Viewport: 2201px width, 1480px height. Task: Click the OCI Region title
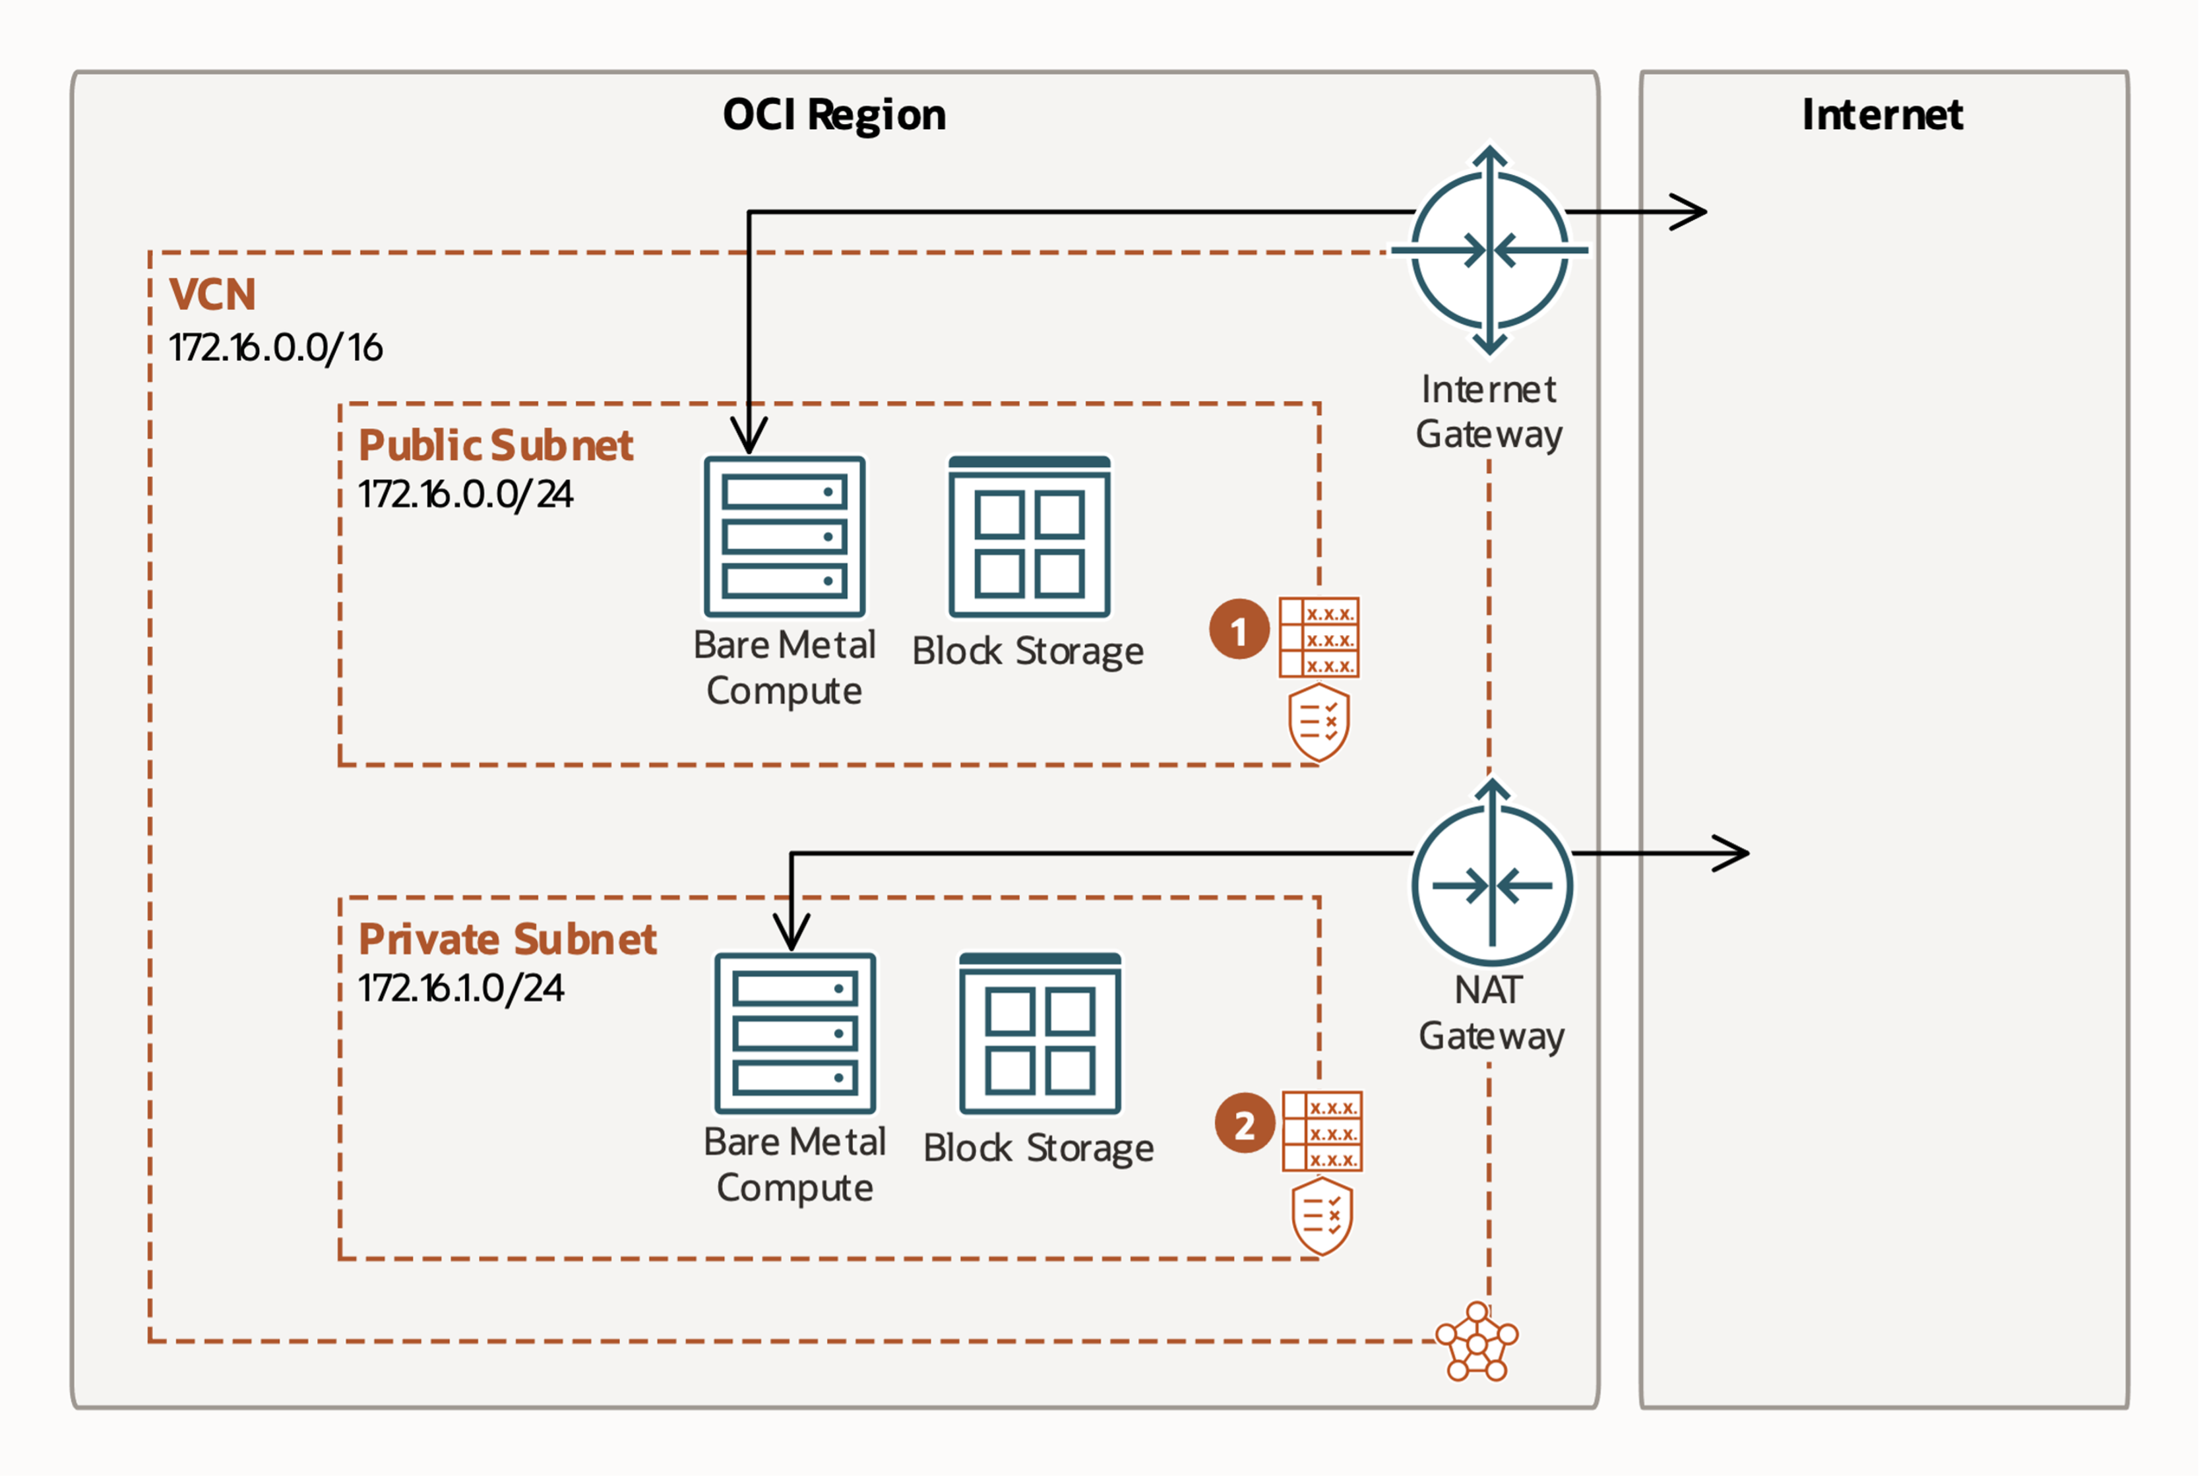(834, 115)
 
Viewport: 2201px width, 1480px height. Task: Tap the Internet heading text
(1881, 115)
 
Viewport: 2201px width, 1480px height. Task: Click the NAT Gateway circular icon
(1491, 884)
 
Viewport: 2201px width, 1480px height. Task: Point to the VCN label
(212, 295)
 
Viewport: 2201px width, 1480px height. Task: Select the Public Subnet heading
(495, 445)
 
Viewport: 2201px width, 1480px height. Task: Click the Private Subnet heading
(507, 939)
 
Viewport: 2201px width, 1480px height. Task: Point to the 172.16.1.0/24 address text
(460, 988)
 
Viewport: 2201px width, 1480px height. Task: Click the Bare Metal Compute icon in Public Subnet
(784, 536)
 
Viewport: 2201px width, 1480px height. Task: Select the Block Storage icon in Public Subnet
(1029, 536)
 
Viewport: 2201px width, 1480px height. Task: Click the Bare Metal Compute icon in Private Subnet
(795, 1033)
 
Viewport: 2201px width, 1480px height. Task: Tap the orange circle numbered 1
(1238, 630)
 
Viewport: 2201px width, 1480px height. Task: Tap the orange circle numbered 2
(1244, 1123)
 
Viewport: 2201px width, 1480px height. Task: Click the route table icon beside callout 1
(1318, 637)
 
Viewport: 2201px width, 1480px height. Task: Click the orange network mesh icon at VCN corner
(1476, 1342)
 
